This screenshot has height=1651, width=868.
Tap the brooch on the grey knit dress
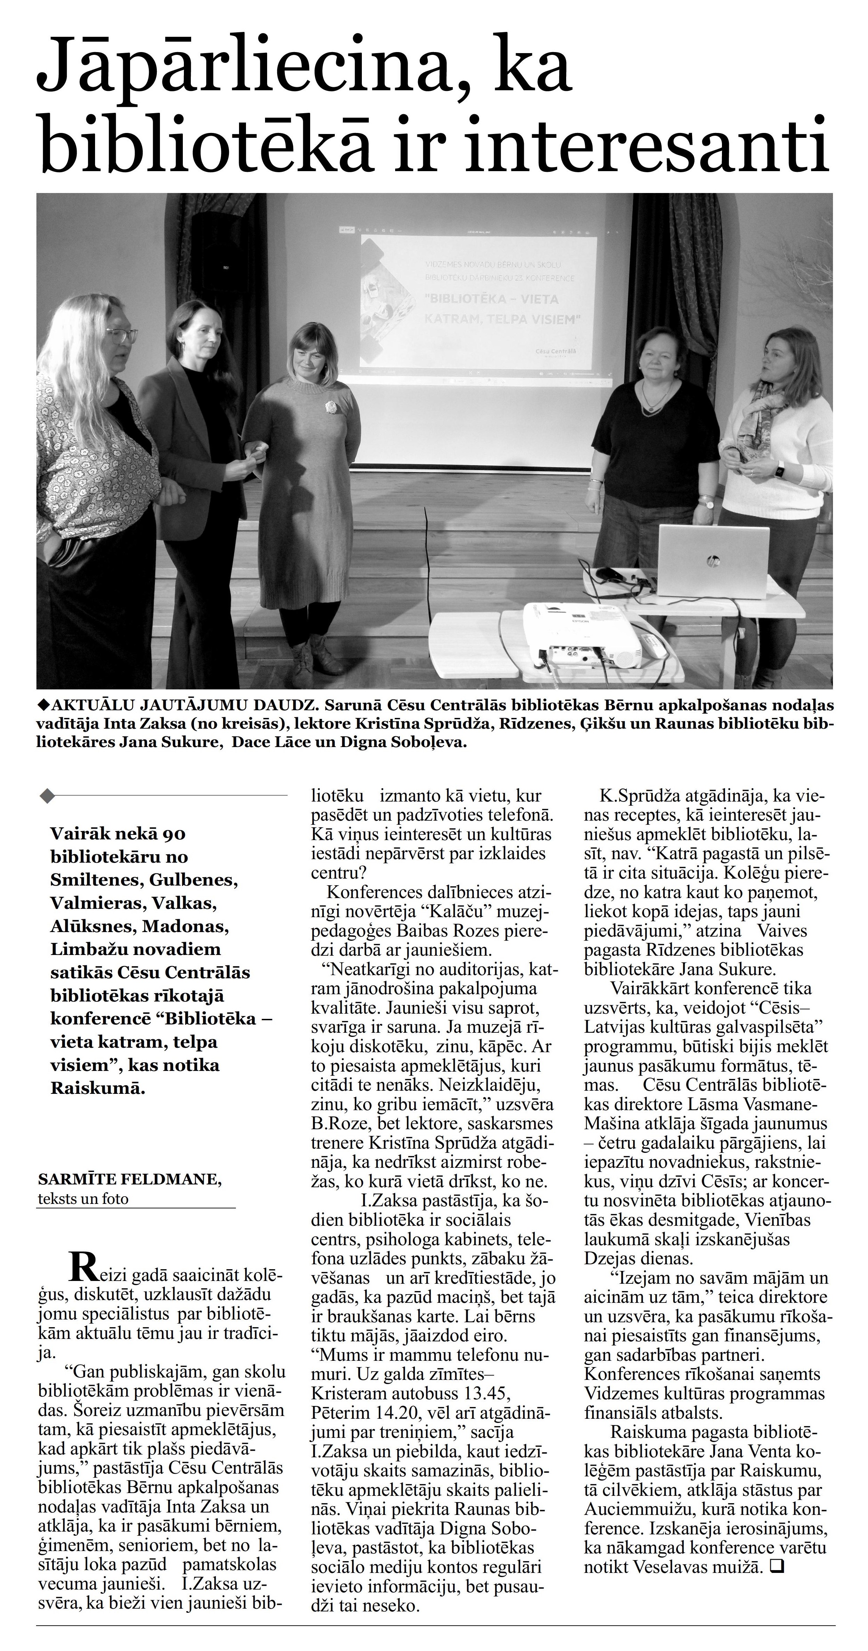tap(331, 407)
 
